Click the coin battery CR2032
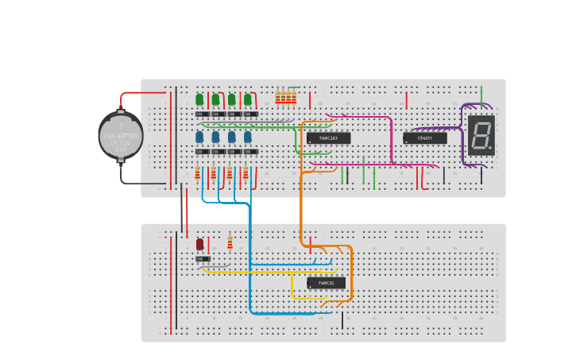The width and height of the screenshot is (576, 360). click(x=121, y=137)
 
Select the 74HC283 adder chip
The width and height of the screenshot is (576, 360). click(x=328, y=138)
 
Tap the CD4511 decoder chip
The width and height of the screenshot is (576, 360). click(x=424, y=138)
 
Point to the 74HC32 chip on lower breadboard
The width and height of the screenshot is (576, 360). click(x=327, y=283)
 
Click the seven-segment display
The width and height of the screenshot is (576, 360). click(x=481, y=134)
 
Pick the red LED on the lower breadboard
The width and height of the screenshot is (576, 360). click(x=199, y=244)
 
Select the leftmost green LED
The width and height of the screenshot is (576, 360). click(x=199, y=99)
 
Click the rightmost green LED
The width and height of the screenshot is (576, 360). click(x=248, y=99)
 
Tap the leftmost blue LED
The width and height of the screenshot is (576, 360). click(x=199, y=137)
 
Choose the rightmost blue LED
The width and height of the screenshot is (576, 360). click(x=248, y=137)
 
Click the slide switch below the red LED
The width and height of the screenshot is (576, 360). click(x=203, y=259)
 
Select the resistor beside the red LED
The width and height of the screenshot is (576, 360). click(x=230, y=242)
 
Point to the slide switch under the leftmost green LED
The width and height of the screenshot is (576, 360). click(x=203, y=114)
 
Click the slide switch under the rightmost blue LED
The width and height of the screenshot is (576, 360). click(x=250, y=152)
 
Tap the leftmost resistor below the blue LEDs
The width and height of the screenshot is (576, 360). click(x=197, y=172)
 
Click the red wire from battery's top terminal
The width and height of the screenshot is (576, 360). click(x=143, y=93)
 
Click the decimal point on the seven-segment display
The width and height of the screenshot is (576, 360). click(x=491, y=148)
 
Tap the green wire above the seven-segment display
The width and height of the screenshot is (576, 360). click(x=481, y=93)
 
